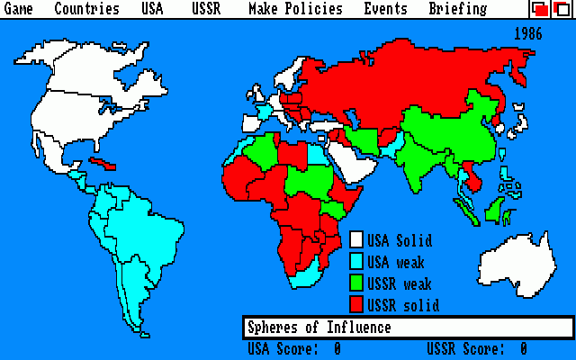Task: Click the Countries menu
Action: [x=86, y=9]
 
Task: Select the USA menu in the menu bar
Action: [x=153, y=9]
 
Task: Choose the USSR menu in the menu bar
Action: [x=205, y=9]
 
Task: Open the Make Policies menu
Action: [x=295, y=9]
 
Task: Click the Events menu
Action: [x=385, y=9]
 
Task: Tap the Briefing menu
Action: [x=457, y=9]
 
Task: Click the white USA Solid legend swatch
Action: [x=356, y=240]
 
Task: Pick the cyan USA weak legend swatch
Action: [x=356, y=262]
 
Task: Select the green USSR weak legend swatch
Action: [x=356, y=283]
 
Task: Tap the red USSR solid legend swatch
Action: [x=356, y=305]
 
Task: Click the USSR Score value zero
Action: [x=523, y=348]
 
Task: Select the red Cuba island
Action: [x=104, y=164]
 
